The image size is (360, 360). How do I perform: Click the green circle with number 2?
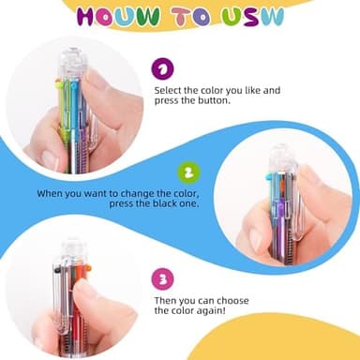pyautogui.click(x=188, y=172)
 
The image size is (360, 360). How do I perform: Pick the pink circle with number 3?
pyautogui.click(x=164, y=278)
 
